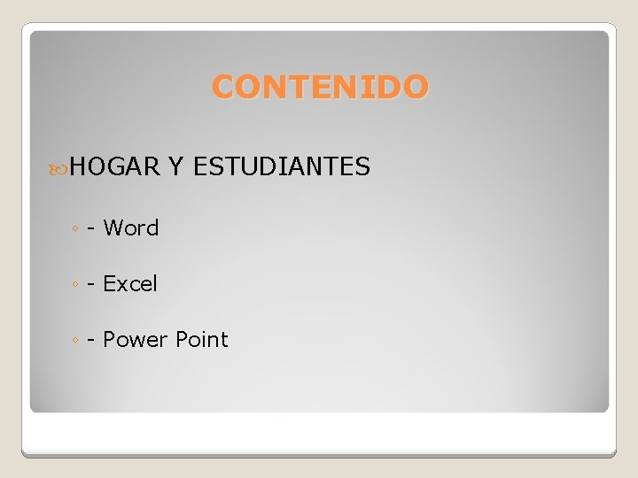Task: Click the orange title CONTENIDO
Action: [x=321, y=88]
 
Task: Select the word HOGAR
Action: [x=114, y=166]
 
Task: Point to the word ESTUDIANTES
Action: [x=281, y=166]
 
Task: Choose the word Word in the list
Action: [x=131, y=228]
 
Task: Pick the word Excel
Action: [x=130, y=284]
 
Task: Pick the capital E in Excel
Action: [x=110, y=284]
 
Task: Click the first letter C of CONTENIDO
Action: [x=224, y=88]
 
